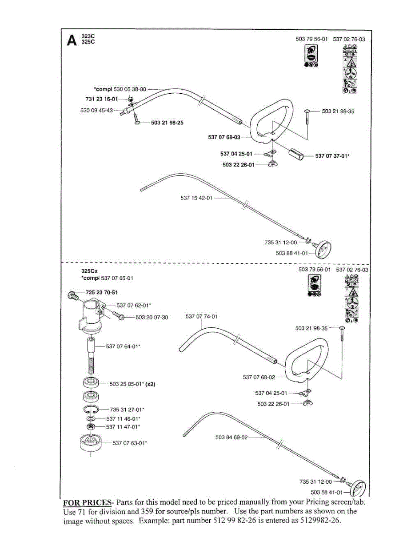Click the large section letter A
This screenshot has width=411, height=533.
(71, 40)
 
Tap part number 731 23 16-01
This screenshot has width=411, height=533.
(101, 99)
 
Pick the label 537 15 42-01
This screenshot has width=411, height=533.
(196, 198)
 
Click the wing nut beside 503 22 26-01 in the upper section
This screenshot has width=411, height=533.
(271, 165)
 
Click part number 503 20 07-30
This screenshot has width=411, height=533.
(152, 317)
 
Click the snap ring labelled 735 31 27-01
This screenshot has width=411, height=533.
(90, 409)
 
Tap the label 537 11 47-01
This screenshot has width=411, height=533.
(123, 426)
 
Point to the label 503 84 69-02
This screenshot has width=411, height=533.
(231, 438)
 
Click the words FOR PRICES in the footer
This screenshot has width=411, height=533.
(87, 502)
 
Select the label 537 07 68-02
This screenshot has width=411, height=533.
(259, 377)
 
